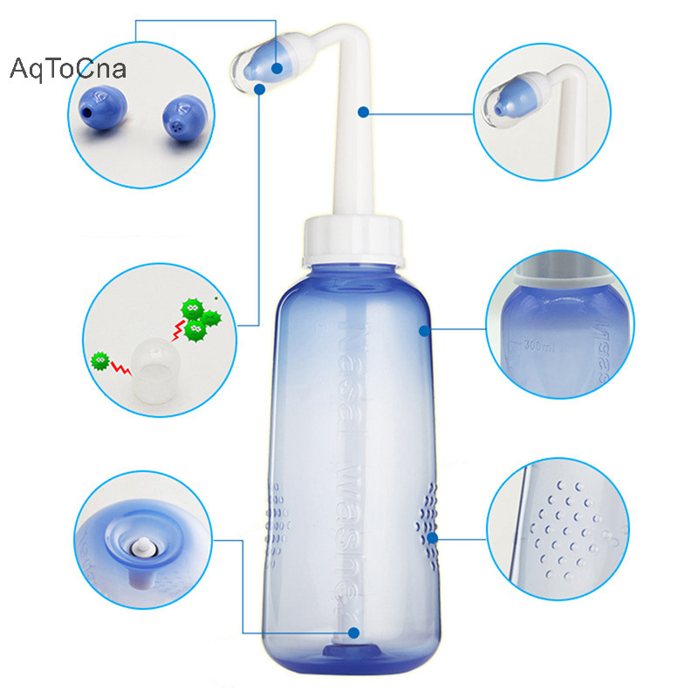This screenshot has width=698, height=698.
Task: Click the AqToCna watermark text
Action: tap(68, 69)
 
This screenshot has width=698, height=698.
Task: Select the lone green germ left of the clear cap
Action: tap(100, 359)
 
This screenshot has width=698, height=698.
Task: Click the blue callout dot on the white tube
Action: tap(362, 112)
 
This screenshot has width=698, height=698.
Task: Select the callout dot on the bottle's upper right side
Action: tap(424, 331)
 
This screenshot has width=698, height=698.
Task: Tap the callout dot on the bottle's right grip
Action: tap(432, 537)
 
